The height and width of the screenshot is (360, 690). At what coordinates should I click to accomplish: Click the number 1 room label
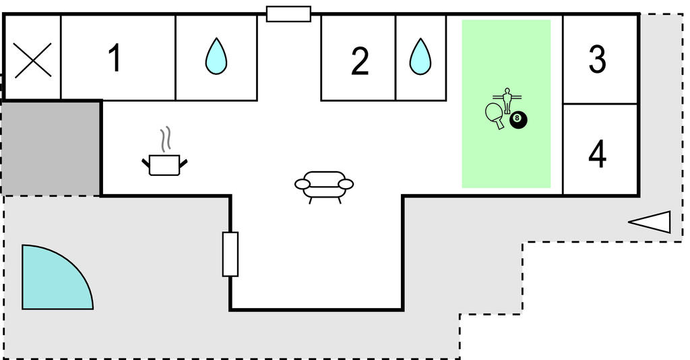click(x=115, y=58)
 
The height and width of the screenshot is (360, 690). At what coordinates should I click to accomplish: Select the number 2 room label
click(x=360, y=61)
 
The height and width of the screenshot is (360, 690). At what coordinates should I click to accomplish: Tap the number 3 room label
click(x=597, y=59)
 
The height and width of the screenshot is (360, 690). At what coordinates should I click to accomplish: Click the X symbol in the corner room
click(x=33, y=61)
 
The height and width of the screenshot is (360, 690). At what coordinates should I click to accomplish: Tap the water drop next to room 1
click(x=216, y=56)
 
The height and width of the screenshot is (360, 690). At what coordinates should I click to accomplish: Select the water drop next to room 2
click(x=420, y=57)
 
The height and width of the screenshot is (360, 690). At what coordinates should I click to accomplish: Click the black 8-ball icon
click(x=518, y=120)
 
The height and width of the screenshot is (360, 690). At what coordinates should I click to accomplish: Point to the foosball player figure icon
click(x=507, y=100)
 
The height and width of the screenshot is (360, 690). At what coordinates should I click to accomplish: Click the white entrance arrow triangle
click(x=650, y=222)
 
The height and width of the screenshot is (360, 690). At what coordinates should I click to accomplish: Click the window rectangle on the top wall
click(x=288, y=13)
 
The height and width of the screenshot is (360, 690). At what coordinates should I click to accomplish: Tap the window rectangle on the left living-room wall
click(x=230, y=254)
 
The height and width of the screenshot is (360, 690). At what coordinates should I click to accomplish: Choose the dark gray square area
click(x=51, y=148)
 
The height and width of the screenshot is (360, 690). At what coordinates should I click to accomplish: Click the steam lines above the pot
click(x=166, y=139)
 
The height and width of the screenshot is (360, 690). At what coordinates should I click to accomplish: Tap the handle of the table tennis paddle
click(x=500, y=124)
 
